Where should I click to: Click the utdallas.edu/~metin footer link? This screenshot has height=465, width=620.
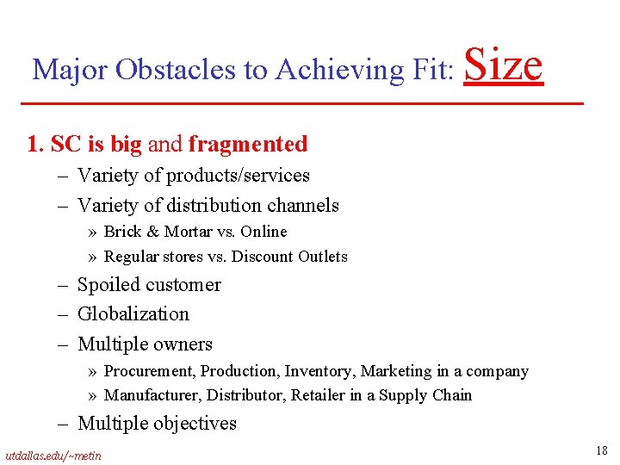(53, 455)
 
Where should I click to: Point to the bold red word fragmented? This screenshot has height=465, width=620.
(248, 144)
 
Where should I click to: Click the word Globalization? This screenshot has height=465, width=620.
(133, 314)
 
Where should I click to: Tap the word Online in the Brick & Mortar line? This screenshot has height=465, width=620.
(263, 232)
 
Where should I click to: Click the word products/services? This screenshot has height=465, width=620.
(238, 176)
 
